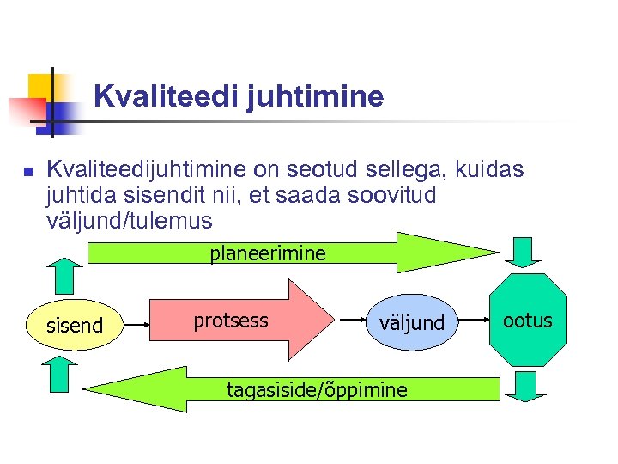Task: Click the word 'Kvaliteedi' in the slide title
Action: [x=166, y=96]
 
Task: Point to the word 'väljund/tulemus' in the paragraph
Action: [x=130, y=221]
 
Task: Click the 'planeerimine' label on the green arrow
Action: [x=268, y=253]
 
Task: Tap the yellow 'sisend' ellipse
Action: [x=75, y=325]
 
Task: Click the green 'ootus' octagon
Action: [x=528, y=321]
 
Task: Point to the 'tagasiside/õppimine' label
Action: [x=317, y=390]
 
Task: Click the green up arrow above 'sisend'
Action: [x=63, y=275]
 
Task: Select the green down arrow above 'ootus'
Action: [x=523, y=253]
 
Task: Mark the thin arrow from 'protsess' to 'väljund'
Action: [x=353, y=320]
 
